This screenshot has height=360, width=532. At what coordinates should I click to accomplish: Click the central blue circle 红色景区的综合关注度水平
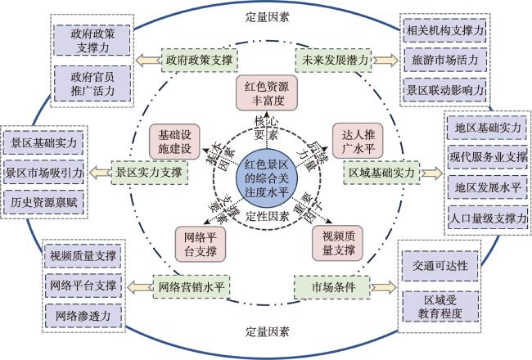267,178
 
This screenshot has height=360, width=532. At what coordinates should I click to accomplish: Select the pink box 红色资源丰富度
267,93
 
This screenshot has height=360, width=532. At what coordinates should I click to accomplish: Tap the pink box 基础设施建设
174,142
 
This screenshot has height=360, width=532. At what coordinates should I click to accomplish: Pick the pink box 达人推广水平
358,141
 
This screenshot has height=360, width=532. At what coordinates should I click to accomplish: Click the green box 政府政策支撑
199,61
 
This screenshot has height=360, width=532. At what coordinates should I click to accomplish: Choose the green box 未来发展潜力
334,61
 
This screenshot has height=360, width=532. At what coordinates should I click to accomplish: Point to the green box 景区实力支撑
150,173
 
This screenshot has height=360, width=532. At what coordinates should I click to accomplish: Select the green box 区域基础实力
381,173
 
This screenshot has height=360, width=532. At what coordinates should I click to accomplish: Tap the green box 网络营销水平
192,287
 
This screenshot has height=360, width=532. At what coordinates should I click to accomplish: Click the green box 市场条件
332,287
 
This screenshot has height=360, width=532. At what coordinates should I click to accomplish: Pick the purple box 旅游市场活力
444,60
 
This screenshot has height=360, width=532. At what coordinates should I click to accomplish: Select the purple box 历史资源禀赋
43,202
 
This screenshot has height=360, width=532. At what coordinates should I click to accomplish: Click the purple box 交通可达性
440,266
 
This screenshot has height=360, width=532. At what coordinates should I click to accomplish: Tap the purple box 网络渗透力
83,316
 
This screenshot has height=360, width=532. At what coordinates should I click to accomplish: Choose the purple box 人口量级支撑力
488,218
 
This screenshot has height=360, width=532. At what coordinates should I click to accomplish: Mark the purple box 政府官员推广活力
92,83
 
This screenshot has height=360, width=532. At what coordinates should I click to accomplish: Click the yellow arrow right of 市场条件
384,287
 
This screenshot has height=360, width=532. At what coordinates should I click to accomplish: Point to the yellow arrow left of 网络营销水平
140,287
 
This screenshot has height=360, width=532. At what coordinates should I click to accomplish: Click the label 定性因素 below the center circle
267,216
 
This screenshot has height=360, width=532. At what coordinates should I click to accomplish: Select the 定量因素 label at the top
267,17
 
